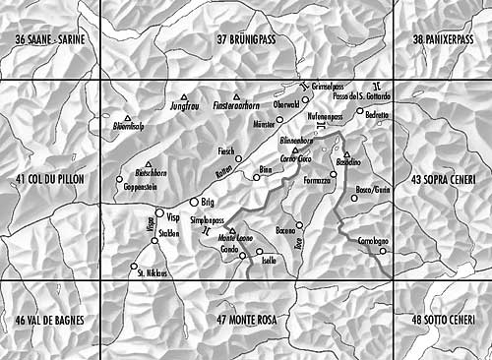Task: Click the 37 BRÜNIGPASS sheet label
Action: point(259,39)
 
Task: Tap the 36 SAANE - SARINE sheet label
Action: point(59,39)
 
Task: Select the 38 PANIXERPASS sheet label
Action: point(445,39)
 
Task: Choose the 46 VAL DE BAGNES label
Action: point(51,321)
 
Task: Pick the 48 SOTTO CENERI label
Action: point(445,321)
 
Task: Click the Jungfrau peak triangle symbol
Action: point(184,96)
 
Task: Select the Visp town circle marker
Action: point(159,212)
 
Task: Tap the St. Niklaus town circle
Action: point(134,266)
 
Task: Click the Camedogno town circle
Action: point(383,250)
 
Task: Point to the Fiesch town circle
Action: point(239,158)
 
